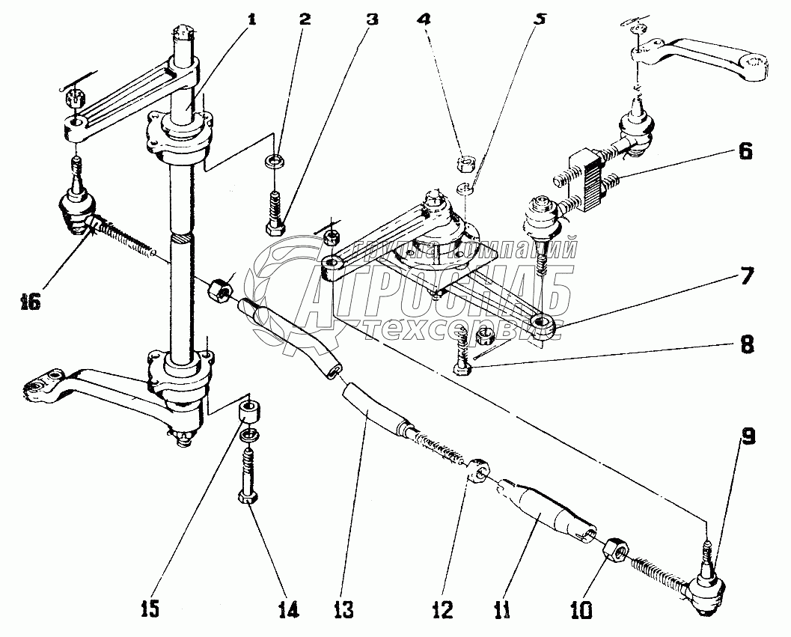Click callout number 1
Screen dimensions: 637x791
[x=251, y=19]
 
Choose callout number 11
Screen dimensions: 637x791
[x=502, y=611]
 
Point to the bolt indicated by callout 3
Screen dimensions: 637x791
[x=275, y=216]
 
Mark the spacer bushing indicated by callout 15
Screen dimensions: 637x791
[x=249, y=411]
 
